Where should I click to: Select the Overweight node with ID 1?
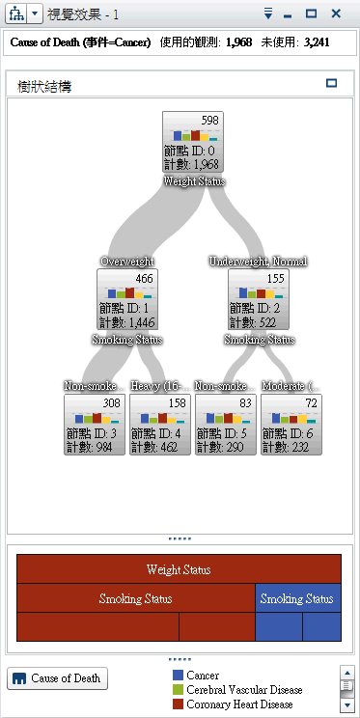[x=128, y=301]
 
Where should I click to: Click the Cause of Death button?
[x=58, y=678]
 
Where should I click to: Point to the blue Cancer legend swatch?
[x=178, y=676]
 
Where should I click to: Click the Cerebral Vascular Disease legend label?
[x=245, y=690]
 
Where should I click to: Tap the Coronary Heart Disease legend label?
[x=239, y=704]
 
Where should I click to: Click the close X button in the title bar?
[x=336, y=14]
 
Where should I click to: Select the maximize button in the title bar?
[x=311, y=14]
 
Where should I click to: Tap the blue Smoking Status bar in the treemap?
[x=298, y=598]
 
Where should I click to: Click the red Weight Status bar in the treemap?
[x=179, y=569]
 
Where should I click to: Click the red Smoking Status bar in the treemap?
[x=136, y=598]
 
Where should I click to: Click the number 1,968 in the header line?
[x=246, y=42]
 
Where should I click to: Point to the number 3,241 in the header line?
[x=321, y=42]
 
